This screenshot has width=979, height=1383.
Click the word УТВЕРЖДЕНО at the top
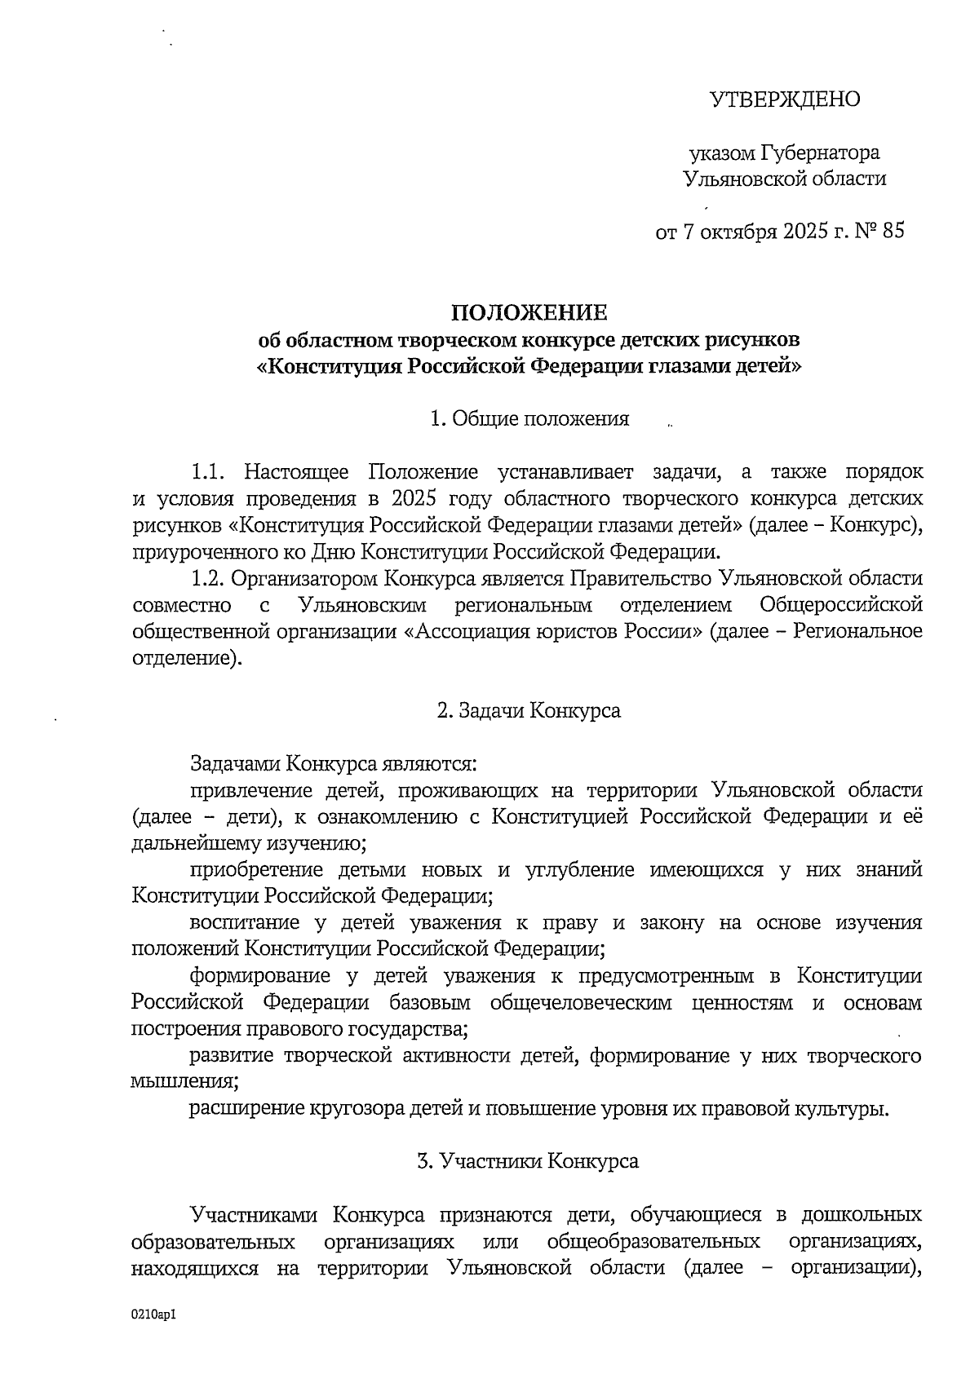pos(785,99)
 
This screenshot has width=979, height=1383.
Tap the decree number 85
pos(893,232)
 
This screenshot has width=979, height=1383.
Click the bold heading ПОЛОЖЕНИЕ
pos(529,312)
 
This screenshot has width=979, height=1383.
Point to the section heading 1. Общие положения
pos(529,419)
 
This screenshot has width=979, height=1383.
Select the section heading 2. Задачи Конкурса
pos(529,710)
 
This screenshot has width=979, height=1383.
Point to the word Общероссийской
pos(840,605)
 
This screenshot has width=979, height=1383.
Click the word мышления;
pos(184,1082)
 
